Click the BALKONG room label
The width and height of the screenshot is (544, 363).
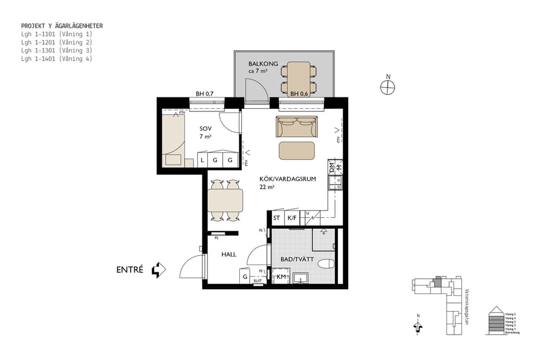pyautogui.click(x=263, y=64)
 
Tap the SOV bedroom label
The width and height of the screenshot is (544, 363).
pyautogui.click(x=206, y=128)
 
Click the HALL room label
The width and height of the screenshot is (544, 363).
pyautogui.click(x=228, y=255)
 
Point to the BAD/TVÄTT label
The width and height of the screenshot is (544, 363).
pyautogui.click(x=295, y=260)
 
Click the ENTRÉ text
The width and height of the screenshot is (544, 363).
pyautogui.click(x=129, y=270)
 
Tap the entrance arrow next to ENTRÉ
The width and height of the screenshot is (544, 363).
pyautogui.click(x=158, y=270)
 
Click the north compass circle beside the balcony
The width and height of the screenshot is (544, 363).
pyautogui.click(x=387, y=87)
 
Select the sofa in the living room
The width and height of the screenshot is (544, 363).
pyautogui.click(x=297, y=126)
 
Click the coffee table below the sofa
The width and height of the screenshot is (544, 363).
pyautogui.click(x=297, y=150)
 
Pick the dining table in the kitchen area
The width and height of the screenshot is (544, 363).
pyautogui.click(x=225, y=200)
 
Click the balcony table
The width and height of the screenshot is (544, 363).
pyautogui.click(x=298, y=77)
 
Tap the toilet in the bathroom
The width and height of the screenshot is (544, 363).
pyautogui.click(x=325, y=264)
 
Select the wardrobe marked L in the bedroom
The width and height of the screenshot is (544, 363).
pyautogui.click(x=202, y=160)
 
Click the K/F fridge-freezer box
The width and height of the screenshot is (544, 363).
pyautogui.click(x=292, y=218)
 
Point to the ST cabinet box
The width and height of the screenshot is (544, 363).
pyautogui.click(x=277, y=218)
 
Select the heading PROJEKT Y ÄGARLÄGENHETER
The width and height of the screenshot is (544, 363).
pyautogui.click(x=62, y=26)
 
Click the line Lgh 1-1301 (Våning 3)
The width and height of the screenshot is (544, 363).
pyautogui.click(x=56, y=51)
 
